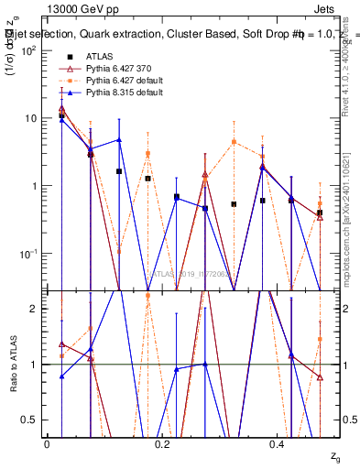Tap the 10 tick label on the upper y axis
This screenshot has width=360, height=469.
point(30,118)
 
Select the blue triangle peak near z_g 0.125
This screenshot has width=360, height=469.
point(119,140)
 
